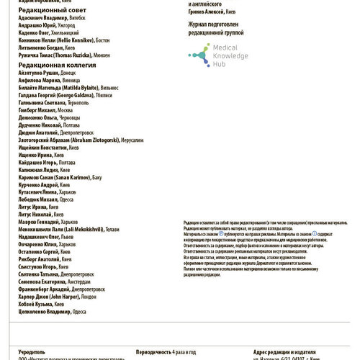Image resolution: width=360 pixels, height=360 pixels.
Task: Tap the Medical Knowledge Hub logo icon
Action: (x=197, y=53)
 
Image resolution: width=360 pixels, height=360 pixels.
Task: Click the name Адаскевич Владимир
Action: (x=41, y=21)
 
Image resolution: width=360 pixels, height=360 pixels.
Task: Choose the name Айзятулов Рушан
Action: (x=39, y=73)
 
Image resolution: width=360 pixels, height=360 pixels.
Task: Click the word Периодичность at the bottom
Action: (x=153, y=353)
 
